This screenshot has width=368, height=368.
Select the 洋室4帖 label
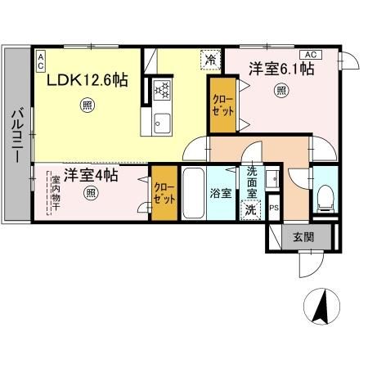91,175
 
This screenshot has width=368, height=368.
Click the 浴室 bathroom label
219,195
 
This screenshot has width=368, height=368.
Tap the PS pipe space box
274,208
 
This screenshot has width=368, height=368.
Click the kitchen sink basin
159,123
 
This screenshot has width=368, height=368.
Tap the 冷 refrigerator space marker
210,58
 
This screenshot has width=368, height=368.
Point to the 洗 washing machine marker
251,209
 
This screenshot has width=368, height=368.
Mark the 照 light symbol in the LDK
87,104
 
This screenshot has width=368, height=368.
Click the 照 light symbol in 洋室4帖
91,194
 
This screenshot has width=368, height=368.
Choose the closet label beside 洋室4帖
163,193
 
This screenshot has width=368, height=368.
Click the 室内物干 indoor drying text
56,193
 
